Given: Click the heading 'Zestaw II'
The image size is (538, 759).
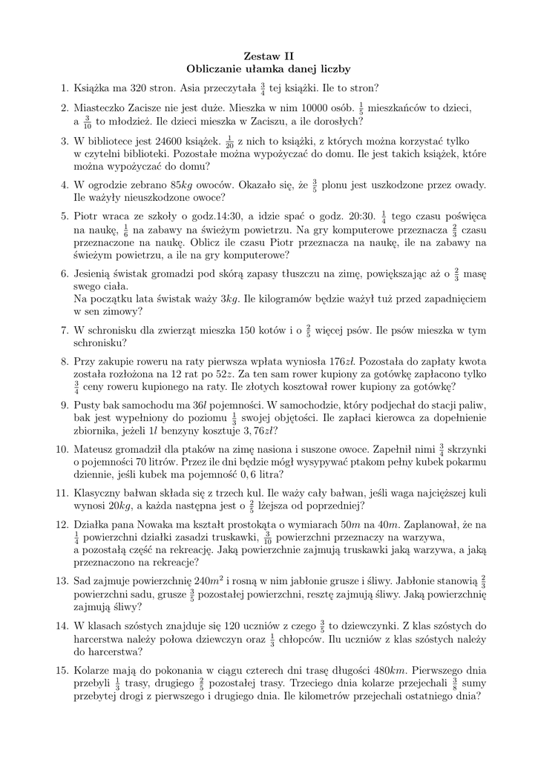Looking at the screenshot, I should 269,56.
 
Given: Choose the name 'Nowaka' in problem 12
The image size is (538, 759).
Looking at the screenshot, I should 170,525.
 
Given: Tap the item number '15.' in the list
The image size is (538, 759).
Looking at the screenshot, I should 62,669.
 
